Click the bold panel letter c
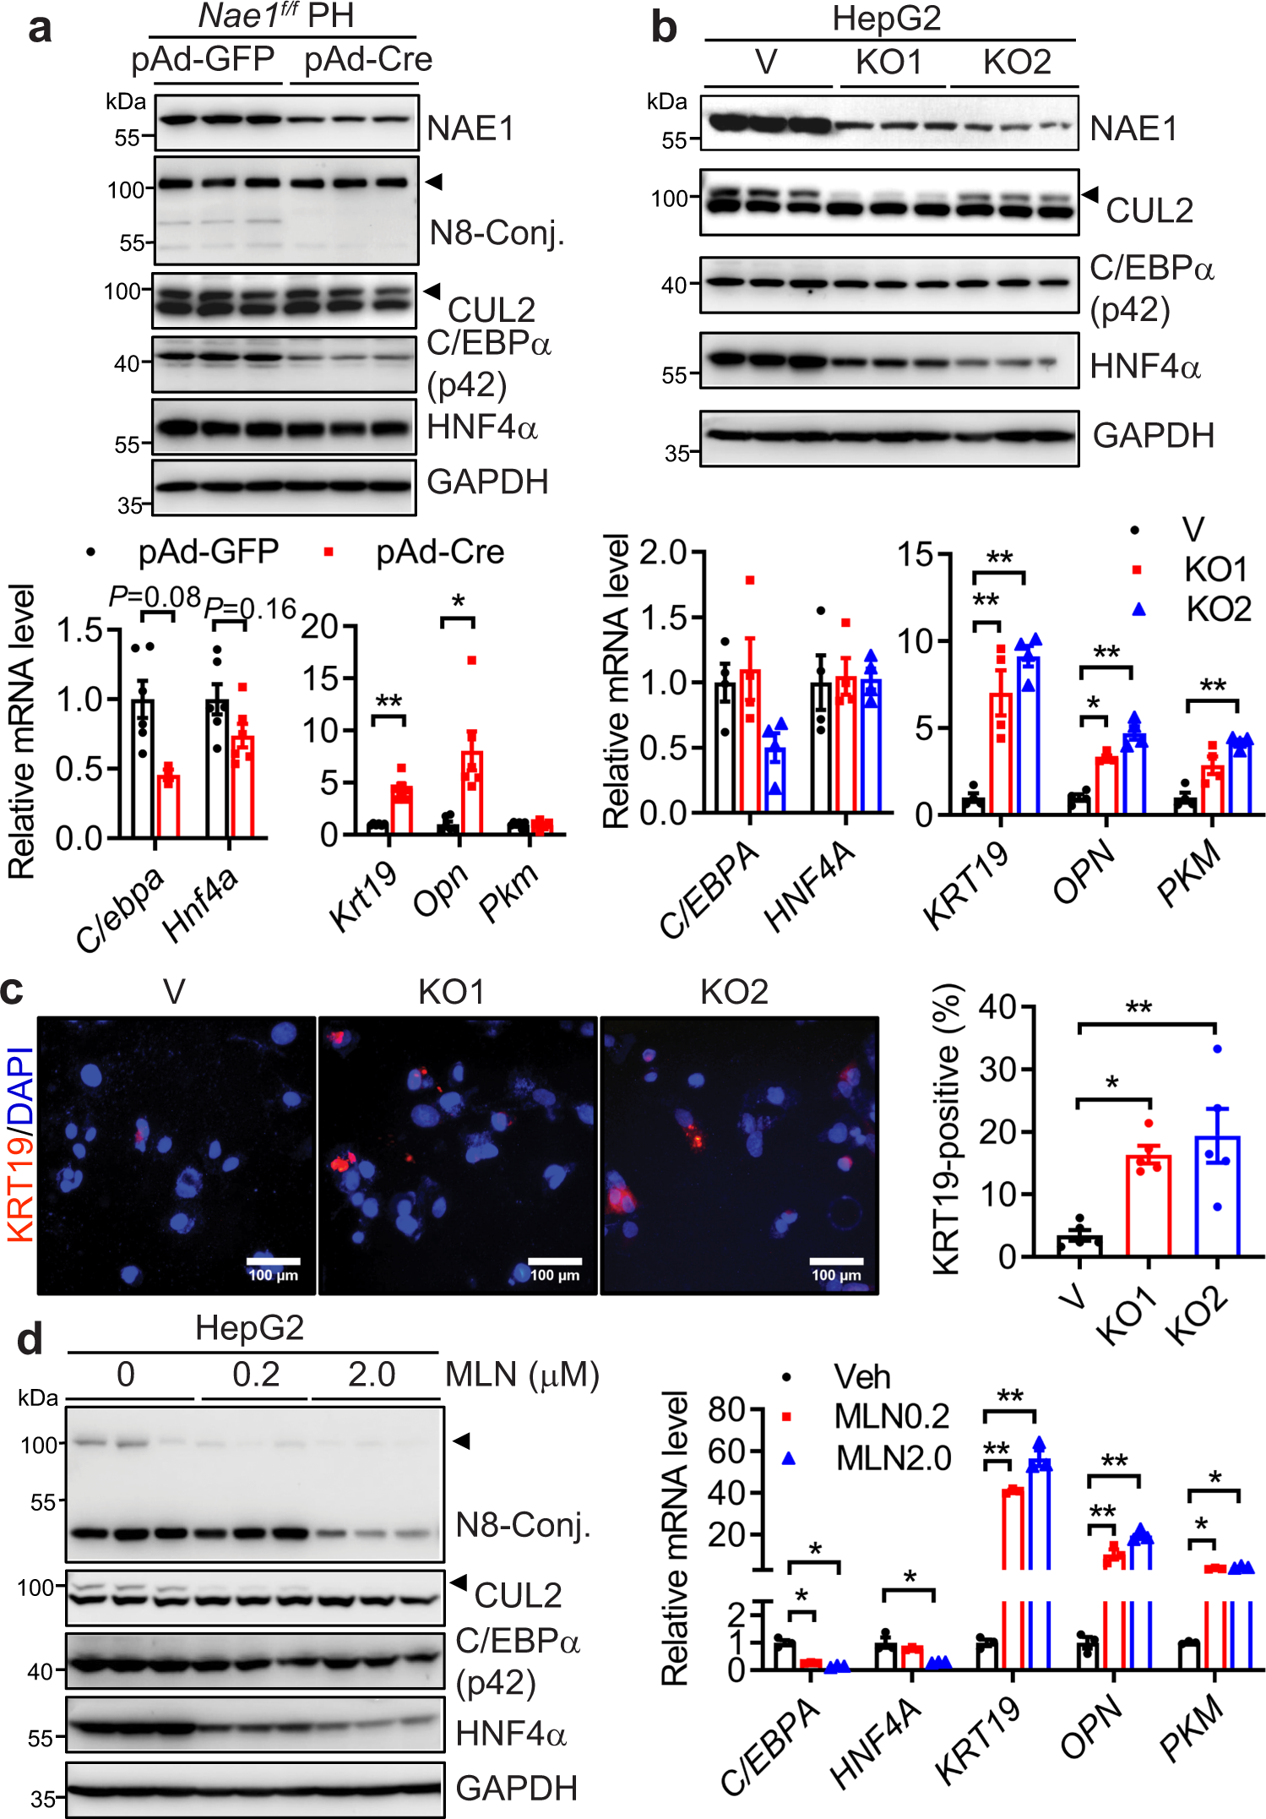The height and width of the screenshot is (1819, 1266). (x=14, y=991)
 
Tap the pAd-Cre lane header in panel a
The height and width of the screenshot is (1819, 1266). (x=367, y=60)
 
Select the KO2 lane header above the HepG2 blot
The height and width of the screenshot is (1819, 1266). (x=1017, y=63)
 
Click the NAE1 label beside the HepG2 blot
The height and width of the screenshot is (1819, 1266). (x=1133, y=128)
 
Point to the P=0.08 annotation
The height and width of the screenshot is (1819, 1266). (x=155, y=596)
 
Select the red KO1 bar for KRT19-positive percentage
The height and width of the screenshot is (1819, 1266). (x=1148, y=1206)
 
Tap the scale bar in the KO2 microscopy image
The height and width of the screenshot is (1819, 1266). (x=836, y=1261)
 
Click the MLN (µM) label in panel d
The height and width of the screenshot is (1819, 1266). (x=522, y=1375)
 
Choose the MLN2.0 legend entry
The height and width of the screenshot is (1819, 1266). (x=892, y=1458)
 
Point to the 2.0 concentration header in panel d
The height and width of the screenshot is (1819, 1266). (x=372, y=1375)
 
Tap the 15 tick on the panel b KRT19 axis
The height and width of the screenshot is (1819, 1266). (x=915, y=554)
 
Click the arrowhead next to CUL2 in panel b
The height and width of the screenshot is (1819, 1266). (x=1090, y=194)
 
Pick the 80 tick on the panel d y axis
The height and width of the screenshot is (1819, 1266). (x=725, y=1409)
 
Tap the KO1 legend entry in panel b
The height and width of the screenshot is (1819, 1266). (x=1214, y=570)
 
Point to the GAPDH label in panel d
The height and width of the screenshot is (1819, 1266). (x=516, y=1789)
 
